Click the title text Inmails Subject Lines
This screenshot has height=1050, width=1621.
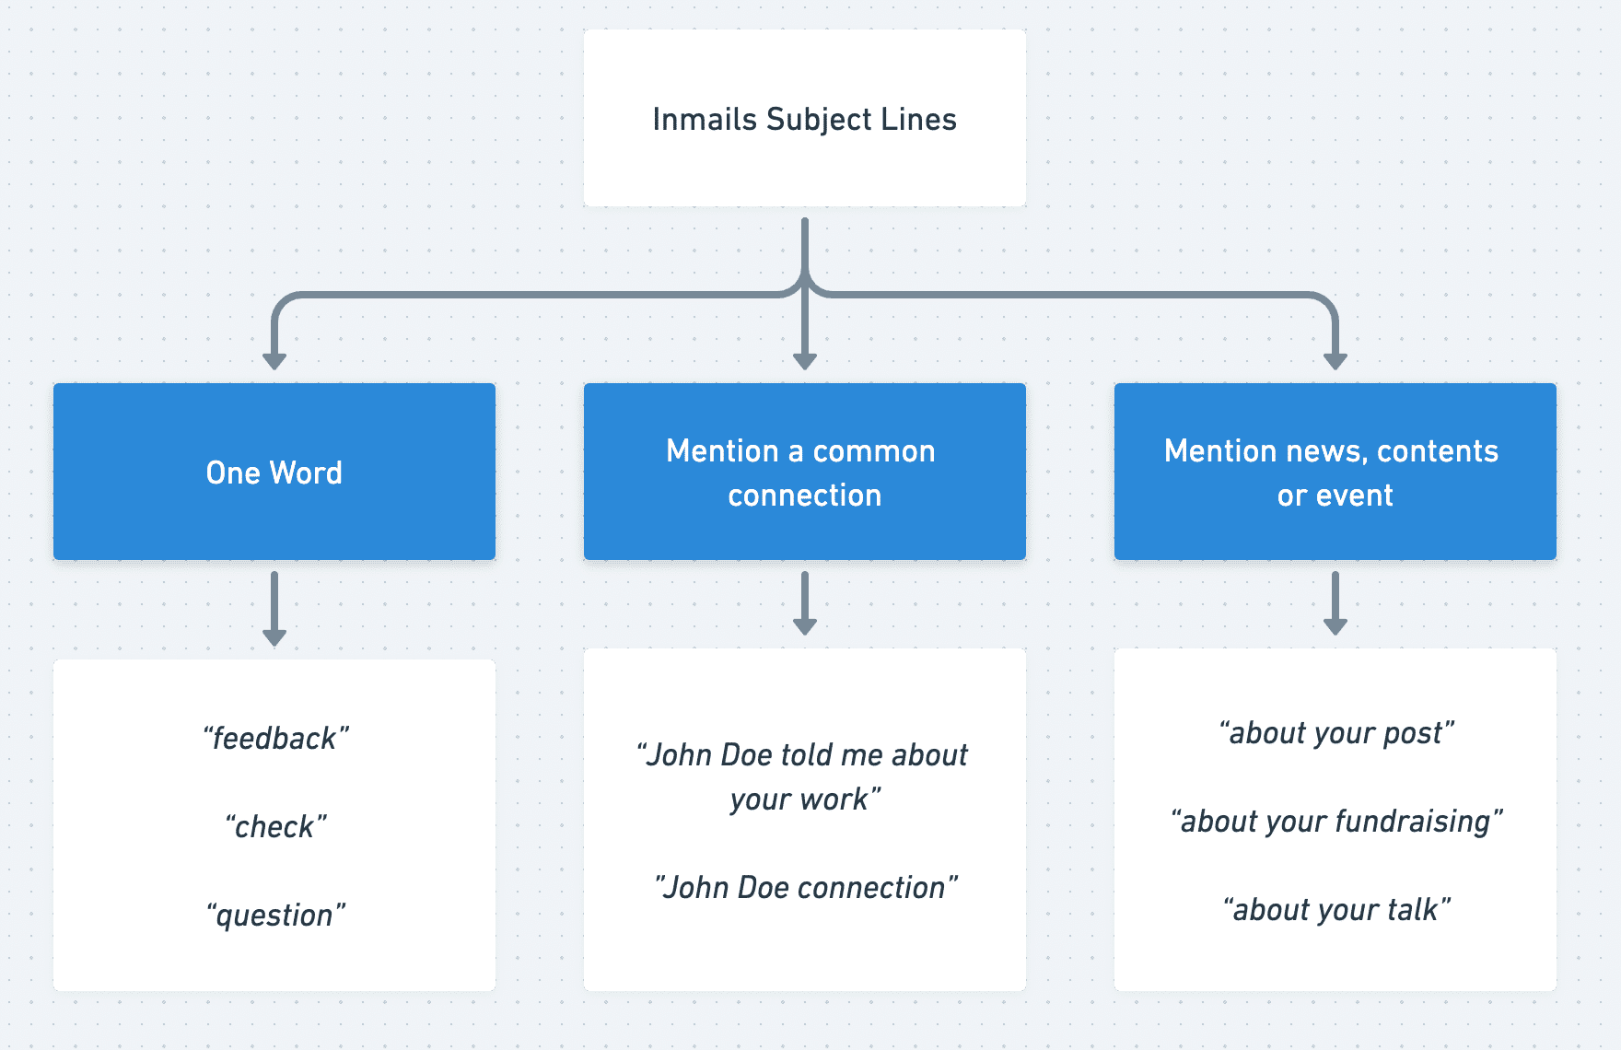tap(804, 120)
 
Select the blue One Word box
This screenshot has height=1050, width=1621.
tap(274, 472)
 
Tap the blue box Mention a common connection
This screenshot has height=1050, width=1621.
tap(804, 472)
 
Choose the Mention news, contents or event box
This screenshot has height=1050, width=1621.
tap(1335, 472)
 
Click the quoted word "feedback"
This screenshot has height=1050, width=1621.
tap(275, 739)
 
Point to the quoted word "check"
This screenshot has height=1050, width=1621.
tap(275, 827)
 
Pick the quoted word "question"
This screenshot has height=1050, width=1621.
tap(275, 916)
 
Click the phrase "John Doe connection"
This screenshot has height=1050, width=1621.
tap(805, 888)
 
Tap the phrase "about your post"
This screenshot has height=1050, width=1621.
tap(1336, 733)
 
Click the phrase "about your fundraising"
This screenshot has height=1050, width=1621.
tap(1336, 822)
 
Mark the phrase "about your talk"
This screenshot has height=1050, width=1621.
tap(1336, 910)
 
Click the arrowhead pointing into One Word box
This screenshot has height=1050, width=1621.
tap(274, 360)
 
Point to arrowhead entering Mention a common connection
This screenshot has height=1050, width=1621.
tap(805, 360)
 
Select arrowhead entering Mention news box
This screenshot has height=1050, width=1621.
tap(1335, 360)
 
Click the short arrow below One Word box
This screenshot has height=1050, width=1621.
tap(274, 609)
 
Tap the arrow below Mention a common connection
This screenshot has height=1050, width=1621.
tap(805, 603)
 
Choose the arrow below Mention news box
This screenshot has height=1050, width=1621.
tap(1335, 603)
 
